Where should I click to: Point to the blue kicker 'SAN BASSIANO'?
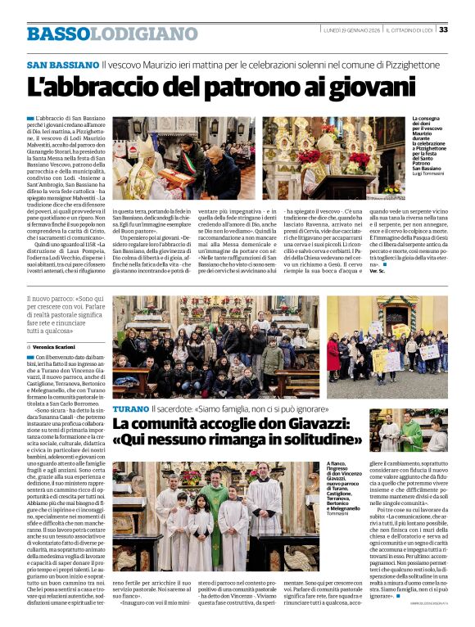(x=62, y=65)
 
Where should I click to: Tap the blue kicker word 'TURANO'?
(x=130, y=408)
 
